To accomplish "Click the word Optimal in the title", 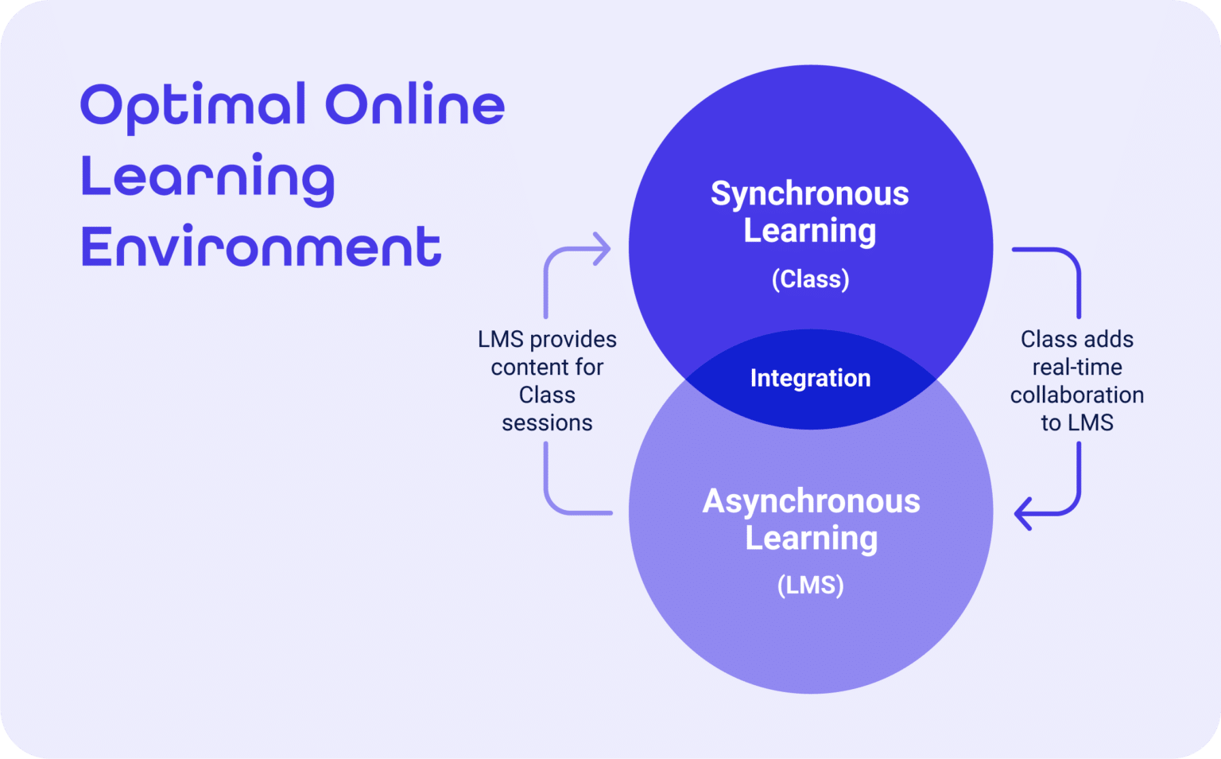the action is pyautogui.click(x=193, y=107).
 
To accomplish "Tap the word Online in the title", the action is pyautogui.click(x=415, y=103).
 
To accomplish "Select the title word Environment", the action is pyautogui.click(x=261, y=246).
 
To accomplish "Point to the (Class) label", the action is pyautogui.click(x=811, y=278).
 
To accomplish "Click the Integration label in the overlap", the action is pyautogui.click(x=811, y=378).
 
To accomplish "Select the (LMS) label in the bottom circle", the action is pyautogui.click(x=811, y=585).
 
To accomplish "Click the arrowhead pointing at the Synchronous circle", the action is pyautogui.click(x=603, y=249).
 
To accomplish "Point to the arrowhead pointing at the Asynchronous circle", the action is pyautogui.click(x=1022, y=513).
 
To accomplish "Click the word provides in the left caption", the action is pyautogui.click(x=573, y=340).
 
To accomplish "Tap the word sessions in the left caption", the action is pyautogui.click(x=547, y=423).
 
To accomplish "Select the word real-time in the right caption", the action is pyautogui.click(x=1077, y=368).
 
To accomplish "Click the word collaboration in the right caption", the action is pyautogui.click(x=1077, y=395).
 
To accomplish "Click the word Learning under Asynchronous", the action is pyautogui.click(x=811, y=539).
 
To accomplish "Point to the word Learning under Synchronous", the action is pyautogui.click(x=810, y=232).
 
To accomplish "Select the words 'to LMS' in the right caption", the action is pyautogui.click(x=1077, y=423).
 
